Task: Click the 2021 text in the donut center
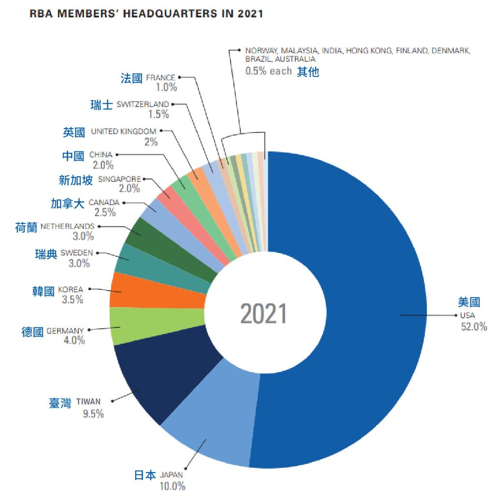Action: coord(263,314)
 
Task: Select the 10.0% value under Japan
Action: coord(172,486)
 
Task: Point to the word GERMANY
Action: coord(65,331)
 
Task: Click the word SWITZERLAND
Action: coord(143,104)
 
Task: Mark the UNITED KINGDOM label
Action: coord(124,131)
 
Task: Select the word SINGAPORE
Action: coord(119,179)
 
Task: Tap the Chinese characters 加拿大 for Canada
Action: coord(68,204)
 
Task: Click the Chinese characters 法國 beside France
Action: coord(131,78)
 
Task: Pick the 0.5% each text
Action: coord(268,71)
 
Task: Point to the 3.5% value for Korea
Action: coord(73,299)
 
